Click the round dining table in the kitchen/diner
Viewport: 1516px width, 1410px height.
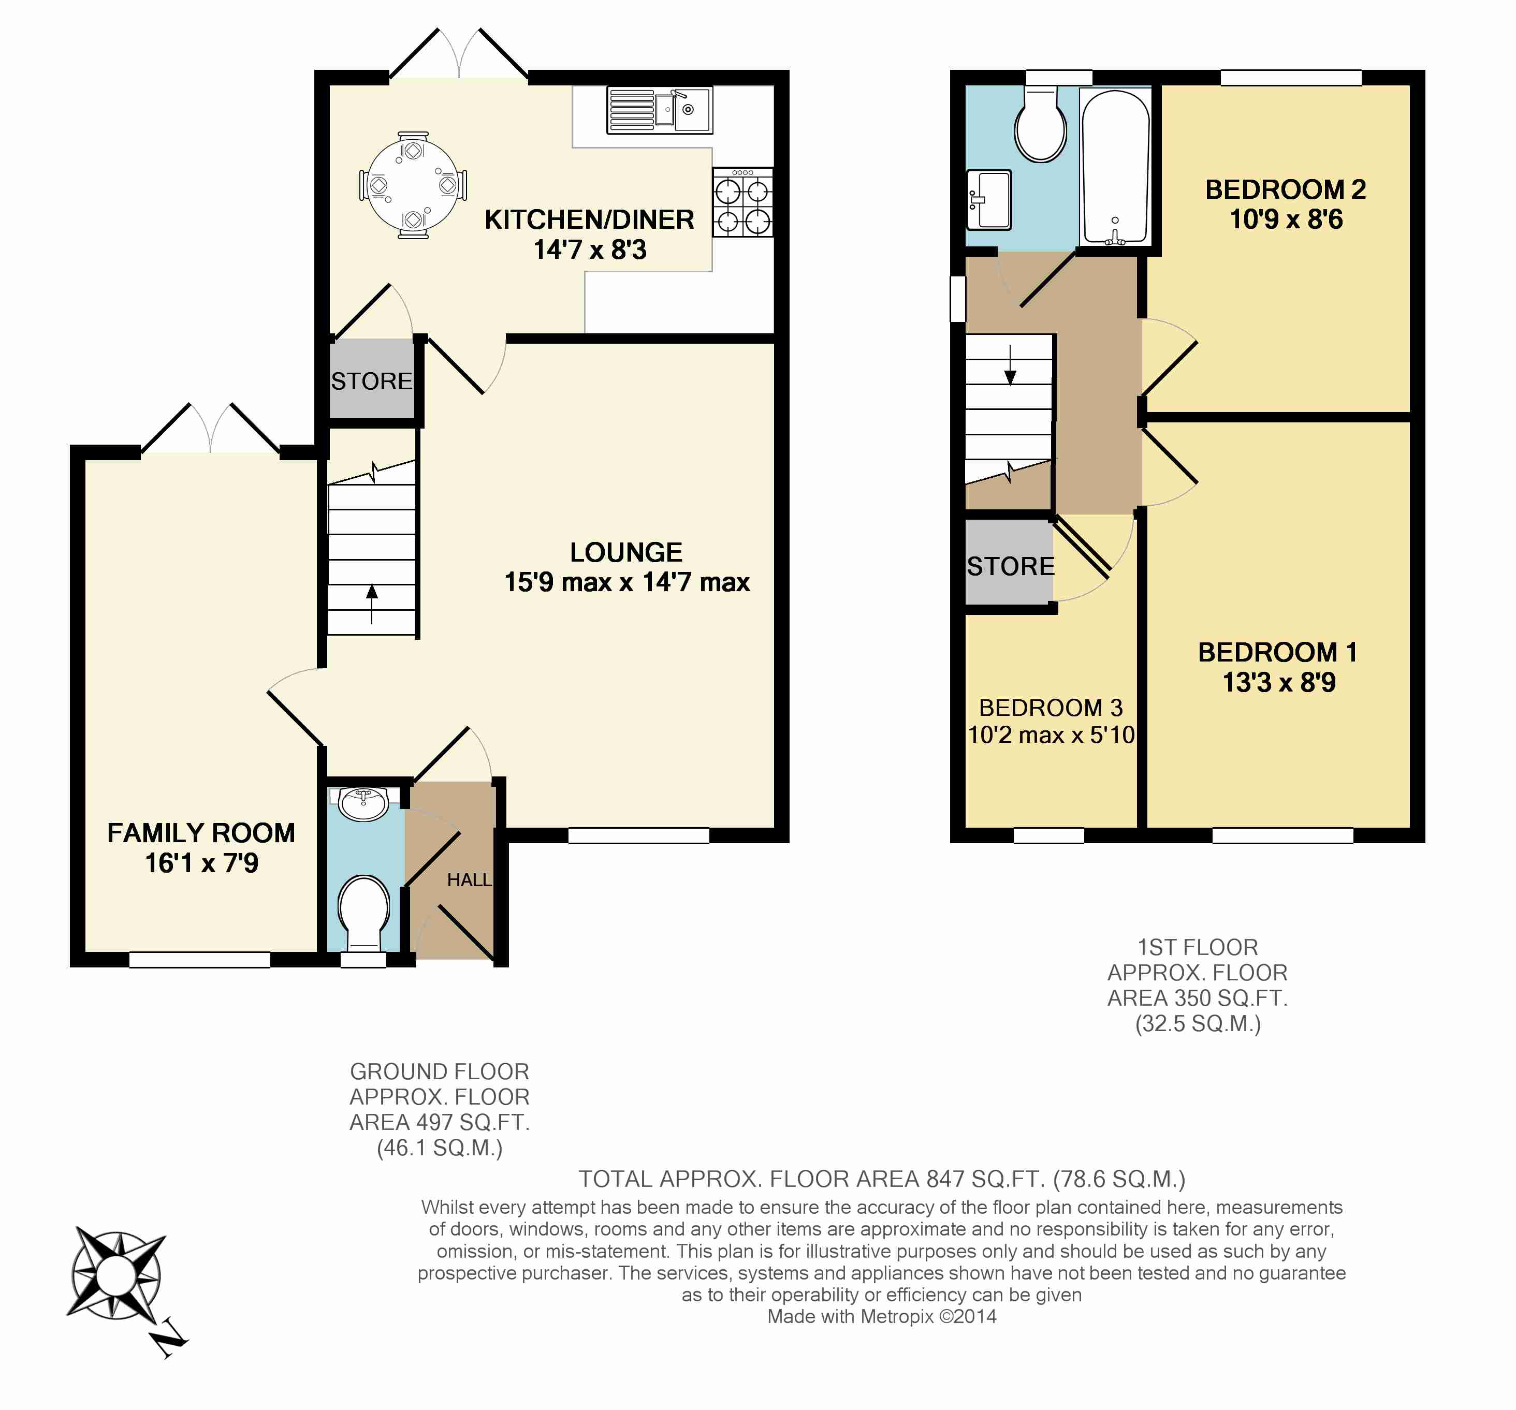(413, 185)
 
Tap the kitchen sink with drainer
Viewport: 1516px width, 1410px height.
(660, 110)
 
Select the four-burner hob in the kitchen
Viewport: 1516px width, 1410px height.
(743, 202)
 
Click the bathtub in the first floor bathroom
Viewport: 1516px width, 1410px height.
(1115, 168)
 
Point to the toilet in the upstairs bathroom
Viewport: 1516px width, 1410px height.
(1040, 124)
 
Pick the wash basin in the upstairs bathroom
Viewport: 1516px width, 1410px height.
(988, 200)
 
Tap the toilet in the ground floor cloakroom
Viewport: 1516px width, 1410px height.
(364, 913)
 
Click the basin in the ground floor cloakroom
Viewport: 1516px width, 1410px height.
(364, 804)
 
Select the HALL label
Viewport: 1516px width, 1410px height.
(469, 880)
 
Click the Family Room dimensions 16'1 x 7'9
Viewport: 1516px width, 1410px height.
(201, 863)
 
